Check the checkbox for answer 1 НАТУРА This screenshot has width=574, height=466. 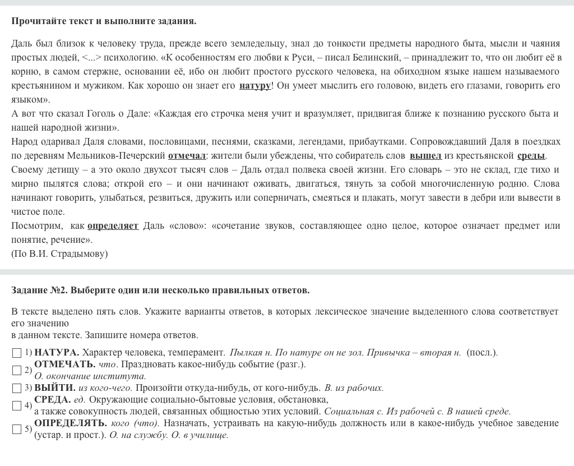coord(17,353)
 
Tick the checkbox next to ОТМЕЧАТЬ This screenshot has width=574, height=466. coord(17,370)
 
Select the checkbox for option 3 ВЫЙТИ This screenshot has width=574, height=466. coord(17,387)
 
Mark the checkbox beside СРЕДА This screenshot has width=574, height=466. coord(17,405)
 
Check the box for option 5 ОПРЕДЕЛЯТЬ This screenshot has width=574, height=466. coord(17,429)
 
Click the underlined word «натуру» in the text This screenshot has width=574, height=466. coord(255,86)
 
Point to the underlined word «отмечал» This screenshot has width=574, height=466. coord(187,156)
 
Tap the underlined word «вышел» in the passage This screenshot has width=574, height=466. coord(425,156)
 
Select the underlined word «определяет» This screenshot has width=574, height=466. coord(113,226)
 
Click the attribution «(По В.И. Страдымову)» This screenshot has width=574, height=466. coord(59,254)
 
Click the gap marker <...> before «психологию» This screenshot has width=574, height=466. coord(91,58)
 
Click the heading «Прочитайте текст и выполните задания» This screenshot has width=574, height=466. coord(104,21)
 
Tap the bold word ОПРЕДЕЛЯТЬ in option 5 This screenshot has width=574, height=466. coord(71,423)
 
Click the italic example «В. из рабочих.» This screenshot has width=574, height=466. coord(354,388)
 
